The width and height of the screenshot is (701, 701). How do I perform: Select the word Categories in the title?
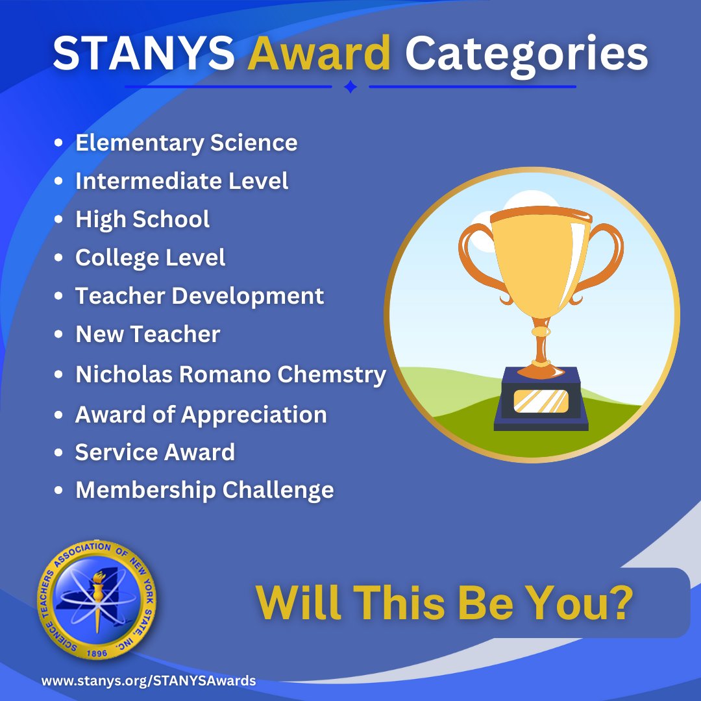(526, 55)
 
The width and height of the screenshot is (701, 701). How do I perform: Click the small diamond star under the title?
(350, 87)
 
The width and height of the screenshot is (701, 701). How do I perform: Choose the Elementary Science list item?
(186, 143)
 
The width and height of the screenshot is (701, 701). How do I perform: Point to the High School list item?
(142, 219)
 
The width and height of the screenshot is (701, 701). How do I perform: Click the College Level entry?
(150, 258)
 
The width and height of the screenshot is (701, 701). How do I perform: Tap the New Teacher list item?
(147, 334)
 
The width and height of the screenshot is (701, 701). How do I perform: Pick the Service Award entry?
(154, 452)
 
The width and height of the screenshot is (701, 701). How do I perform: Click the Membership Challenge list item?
(204, 490)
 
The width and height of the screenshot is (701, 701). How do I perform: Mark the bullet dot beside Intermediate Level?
(60, 182)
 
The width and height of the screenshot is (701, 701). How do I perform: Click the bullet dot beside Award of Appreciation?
(60, 415)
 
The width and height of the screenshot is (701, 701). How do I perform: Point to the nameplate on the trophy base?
(541, 401)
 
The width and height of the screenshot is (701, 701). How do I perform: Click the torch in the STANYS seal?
(98, 587)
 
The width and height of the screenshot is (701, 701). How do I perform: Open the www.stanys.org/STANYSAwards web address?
(149, 681)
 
